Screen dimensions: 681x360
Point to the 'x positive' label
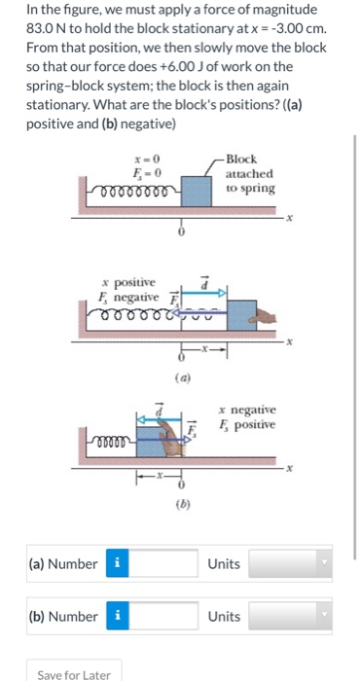pos(126,281)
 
